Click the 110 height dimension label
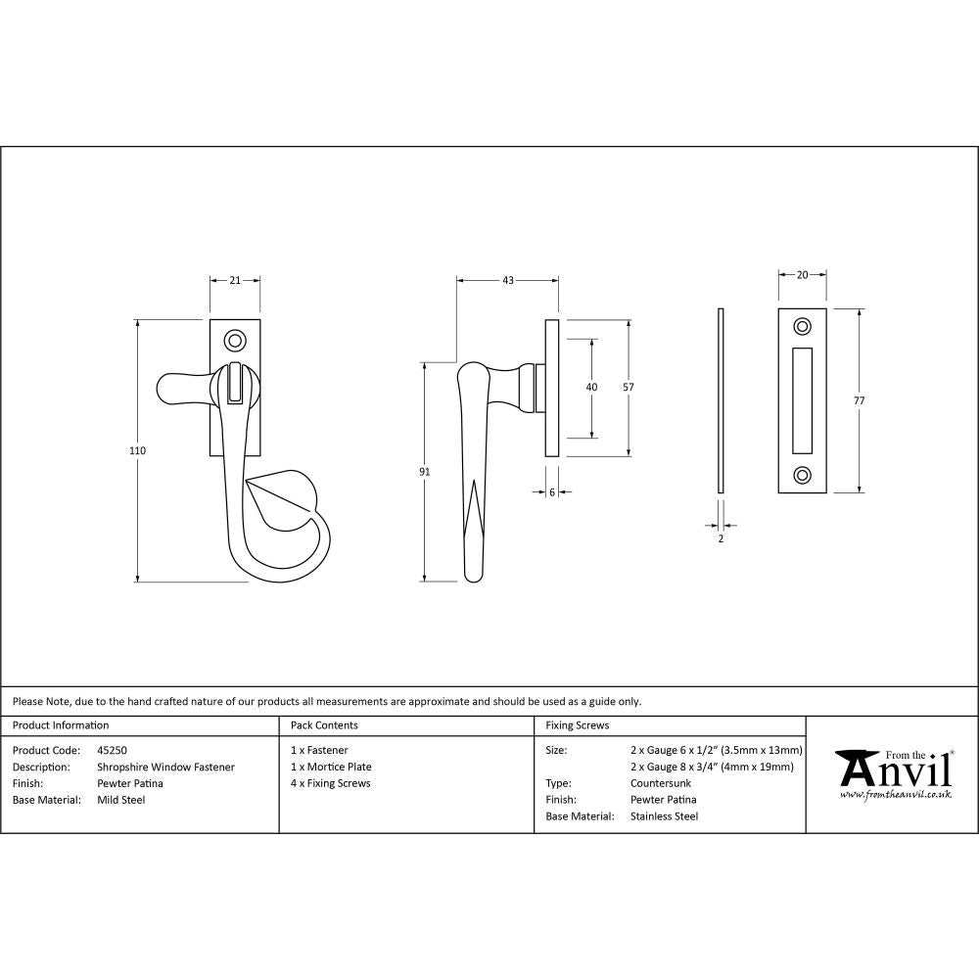pyautogui.click(x=137, y=451)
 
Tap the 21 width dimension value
pyautogui.click(x=235, y=280)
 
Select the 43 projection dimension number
pyautogui.click(x=508, y=280)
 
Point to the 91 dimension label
pyautogui.click(x=424, y=472)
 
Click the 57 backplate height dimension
pyautogui.click(x=629, y=388)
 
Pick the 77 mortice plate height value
pyautogui.click(x=860, y=400)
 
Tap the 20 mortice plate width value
pyautogui.click(x=803, y=275)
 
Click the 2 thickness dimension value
pyautogui.click(x=721, y=538)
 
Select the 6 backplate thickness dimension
pyautogui.click(x=552, y=492)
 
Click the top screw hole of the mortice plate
pyautogui.click(x=803, y=326)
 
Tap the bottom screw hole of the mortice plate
pyautogui.click(x=803, y=476)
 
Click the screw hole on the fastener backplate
pyautogui.click(x=235, y=341)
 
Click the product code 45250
pyautogui.click(x=113, y=750)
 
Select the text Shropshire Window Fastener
pyautogui.click(x=165, y=767)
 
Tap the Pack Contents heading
pyautogui.click(x=324, y=725)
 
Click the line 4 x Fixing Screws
pyautogui.click(x=331, y=783)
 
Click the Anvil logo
pyautogui.click(x=893, y=772)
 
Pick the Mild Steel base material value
pyautogui.click(x=121, y=800)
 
